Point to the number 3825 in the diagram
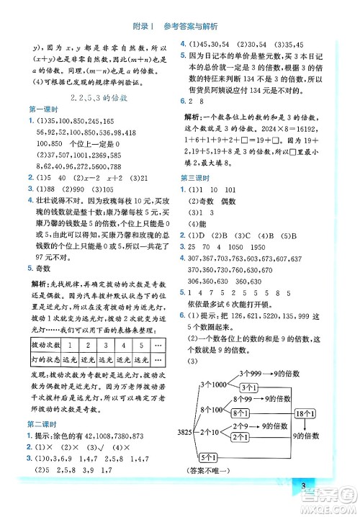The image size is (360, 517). (183, 432)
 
